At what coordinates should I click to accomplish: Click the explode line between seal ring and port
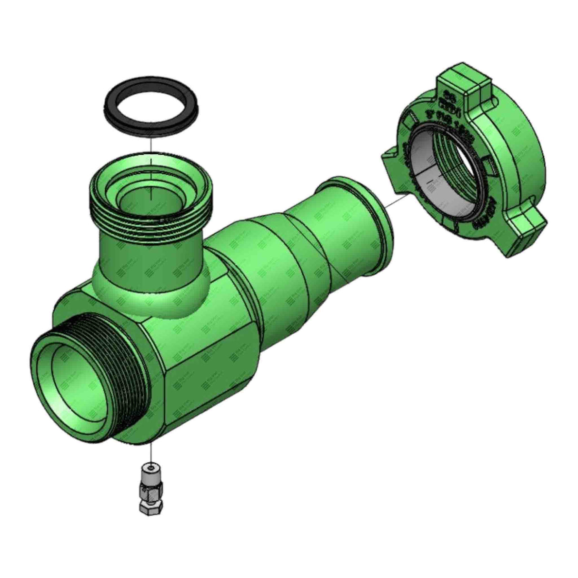point(150,145)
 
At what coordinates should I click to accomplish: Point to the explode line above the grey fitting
point(150,452)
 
